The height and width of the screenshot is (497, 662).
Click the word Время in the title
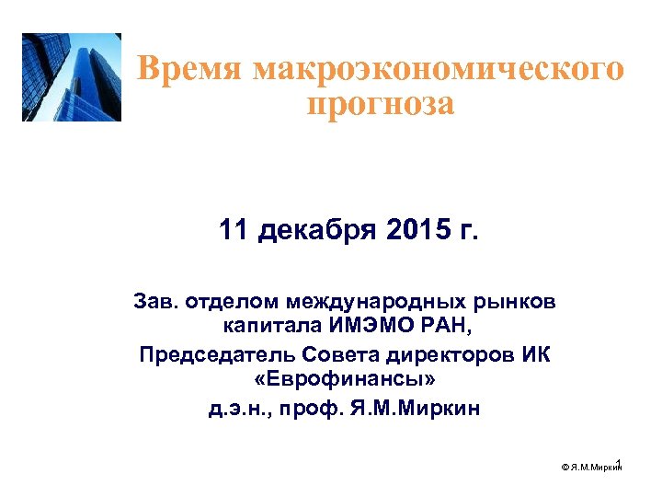coord(188,69)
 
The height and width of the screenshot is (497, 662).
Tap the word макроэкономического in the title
coord(437,69)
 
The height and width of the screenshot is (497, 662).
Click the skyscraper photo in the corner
coord(72,77)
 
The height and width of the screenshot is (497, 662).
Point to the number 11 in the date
coord(235,229)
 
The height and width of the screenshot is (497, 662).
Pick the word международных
coord(380,302)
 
